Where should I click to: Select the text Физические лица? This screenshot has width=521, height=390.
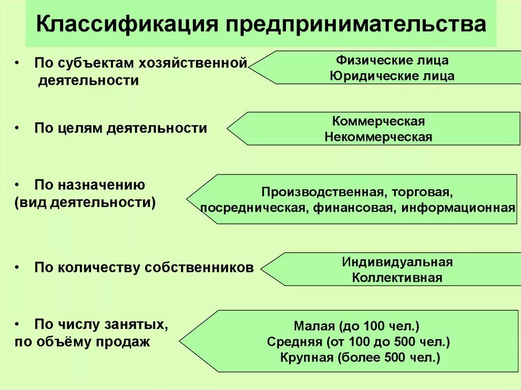click(x=392, y=60)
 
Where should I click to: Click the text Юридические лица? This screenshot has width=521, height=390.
click(x=392, y=76)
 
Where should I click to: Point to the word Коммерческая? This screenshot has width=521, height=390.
click(x=379, y=121)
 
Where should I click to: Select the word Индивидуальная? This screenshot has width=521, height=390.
click(x=397, y=262)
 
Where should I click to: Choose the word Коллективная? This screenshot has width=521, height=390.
click(x=397, y=278)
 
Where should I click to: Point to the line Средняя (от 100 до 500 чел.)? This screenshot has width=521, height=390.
click(x=359, y=341)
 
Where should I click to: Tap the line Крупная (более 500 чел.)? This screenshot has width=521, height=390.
click(x=360, y=357)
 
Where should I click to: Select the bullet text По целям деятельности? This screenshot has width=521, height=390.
click(x=121, y=128)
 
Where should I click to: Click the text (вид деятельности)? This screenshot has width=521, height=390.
click(x=85, y=201)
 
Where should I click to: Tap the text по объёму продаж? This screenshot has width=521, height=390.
click(x=82, y=342)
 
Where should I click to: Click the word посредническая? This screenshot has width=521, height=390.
click(x=252, y=207)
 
